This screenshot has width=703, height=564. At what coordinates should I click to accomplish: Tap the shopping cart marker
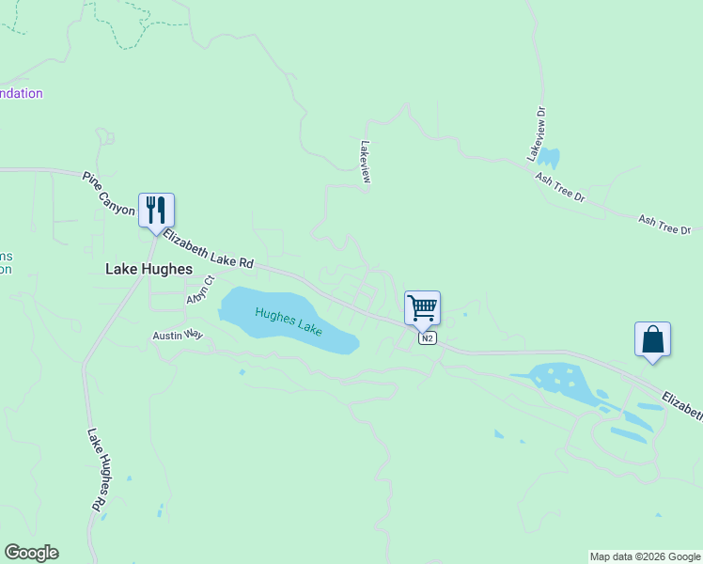tap(423, 307)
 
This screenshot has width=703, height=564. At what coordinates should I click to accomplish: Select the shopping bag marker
tap(652, 339)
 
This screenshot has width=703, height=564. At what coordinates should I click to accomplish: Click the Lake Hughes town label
tap(148, 269)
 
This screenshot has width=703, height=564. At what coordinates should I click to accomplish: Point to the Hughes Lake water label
tap(289, 321)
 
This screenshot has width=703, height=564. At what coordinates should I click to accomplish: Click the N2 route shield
tap(428, 338)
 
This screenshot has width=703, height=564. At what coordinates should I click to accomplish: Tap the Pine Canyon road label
tap(109, 194)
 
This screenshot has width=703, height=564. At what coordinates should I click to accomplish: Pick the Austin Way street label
tap(179, 335)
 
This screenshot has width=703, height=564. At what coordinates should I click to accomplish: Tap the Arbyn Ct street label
tap(201, 290)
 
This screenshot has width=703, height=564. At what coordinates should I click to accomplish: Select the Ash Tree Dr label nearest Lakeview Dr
tap(560, 186)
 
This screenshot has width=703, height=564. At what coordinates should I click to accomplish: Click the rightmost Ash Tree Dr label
tap(664, 225)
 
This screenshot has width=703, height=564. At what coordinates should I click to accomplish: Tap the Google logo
tap(31, 553)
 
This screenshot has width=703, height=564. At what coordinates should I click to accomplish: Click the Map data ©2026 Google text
tap(646, 556)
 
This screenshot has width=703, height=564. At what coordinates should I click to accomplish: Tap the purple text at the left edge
tap(21, 93)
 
